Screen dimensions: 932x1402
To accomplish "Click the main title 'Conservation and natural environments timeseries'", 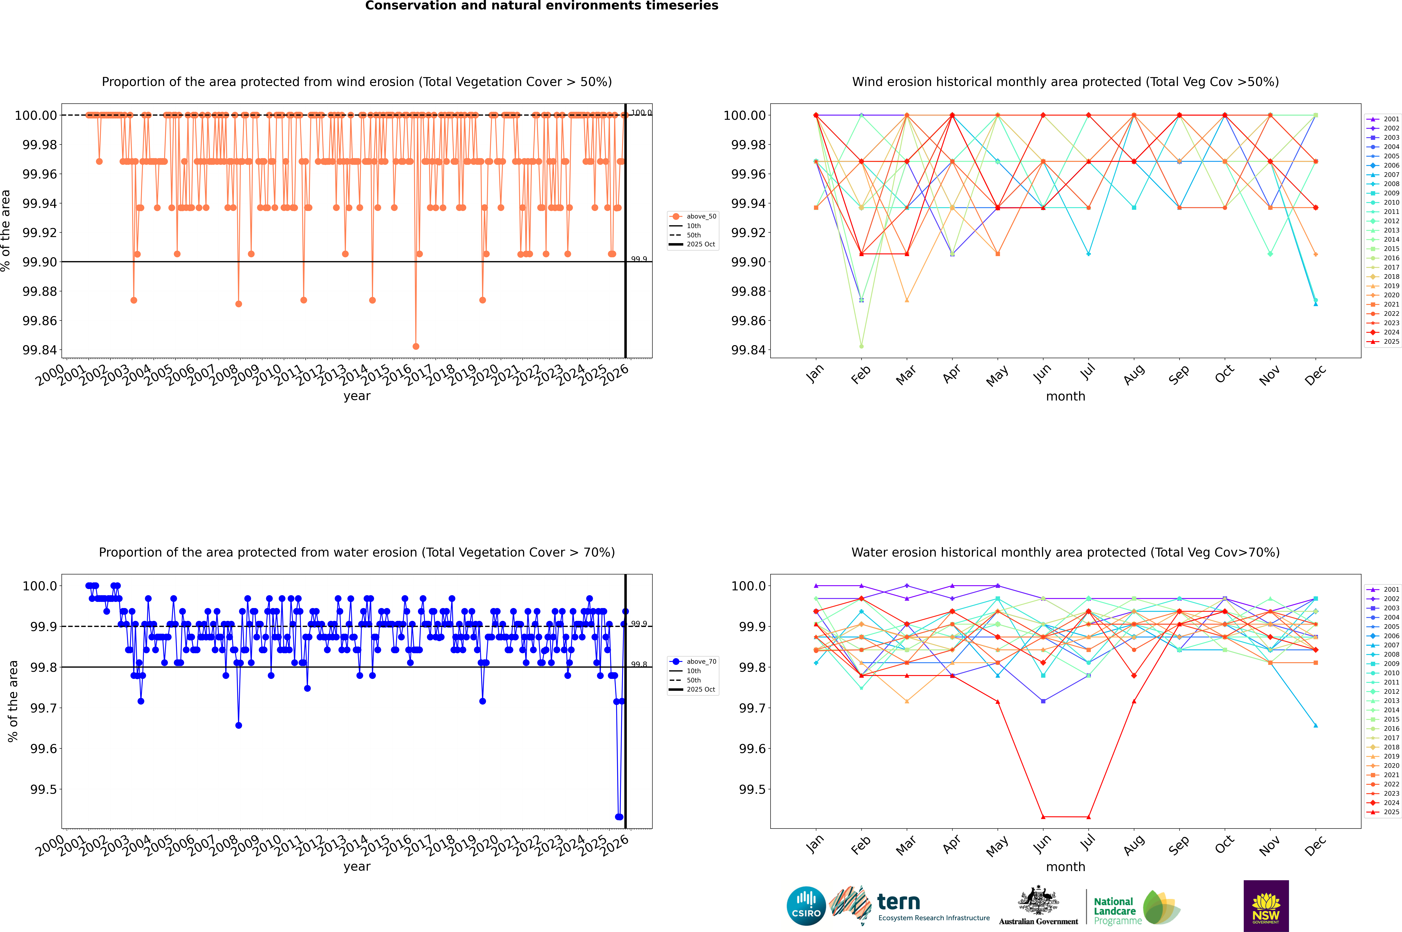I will [x=541, y=6].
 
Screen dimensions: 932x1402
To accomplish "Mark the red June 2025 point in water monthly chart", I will [x=1043, y=817].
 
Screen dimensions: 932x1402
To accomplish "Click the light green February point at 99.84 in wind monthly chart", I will [x=861, y=346].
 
